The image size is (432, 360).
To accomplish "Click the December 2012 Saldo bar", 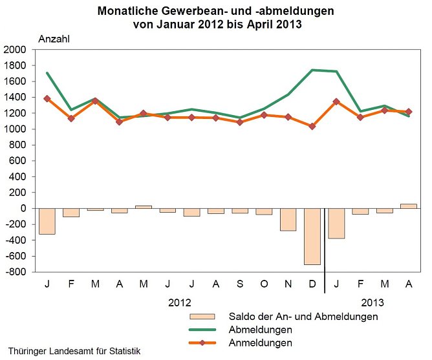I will [312, 237].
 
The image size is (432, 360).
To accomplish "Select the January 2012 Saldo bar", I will [47, 221].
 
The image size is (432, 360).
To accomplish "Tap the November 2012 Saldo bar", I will [288, 220].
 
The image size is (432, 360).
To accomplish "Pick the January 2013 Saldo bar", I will [336, 224].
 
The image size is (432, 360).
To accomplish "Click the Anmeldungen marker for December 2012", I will [312, 127].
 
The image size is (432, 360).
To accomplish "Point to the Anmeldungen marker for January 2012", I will [47, 98].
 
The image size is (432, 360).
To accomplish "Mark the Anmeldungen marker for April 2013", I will [408, 112].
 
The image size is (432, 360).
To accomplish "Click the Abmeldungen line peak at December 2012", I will [312, 70].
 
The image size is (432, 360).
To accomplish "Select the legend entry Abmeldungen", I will [256, 330].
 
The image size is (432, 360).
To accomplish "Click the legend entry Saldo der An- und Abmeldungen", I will [303, 317].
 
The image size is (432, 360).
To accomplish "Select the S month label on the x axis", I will [240, 284].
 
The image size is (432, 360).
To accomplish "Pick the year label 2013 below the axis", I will [373, 302].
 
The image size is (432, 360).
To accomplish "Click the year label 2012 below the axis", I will [180, 302].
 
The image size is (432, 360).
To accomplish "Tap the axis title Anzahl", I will [55, 38].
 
